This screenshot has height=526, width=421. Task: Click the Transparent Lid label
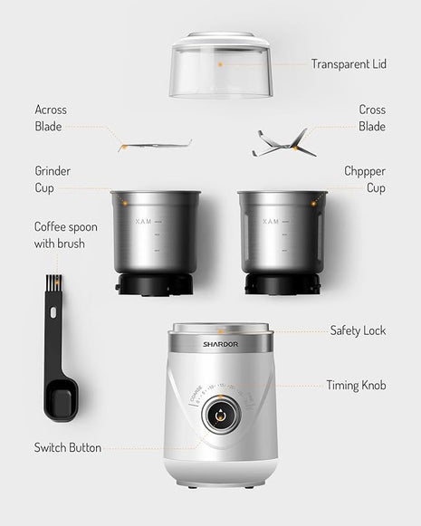click(349, 64)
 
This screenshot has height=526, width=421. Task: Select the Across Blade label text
click(51, 119)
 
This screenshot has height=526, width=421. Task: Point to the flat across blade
click(155, 144)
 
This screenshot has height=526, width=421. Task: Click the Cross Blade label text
click(371, 119)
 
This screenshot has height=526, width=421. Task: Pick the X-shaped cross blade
click(282, 142)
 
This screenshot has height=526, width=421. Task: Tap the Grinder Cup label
click(53, 179)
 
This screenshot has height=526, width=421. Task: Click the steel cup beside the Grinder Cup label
click(155, 235)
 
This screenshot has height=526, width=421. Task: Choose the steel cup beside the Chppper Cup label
click(282, 235)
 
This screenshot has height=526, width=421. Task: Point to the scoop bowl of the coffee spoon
click(61, 398)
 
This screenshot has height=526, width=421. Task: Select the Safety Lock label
click(358, 330)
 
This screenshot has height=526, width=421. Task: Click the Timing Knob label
click(356, 386)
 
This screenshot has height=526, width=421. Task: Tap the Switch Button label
click(68, 447)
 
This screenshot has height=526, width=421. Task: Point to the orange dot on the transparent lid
click(219, 65)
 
